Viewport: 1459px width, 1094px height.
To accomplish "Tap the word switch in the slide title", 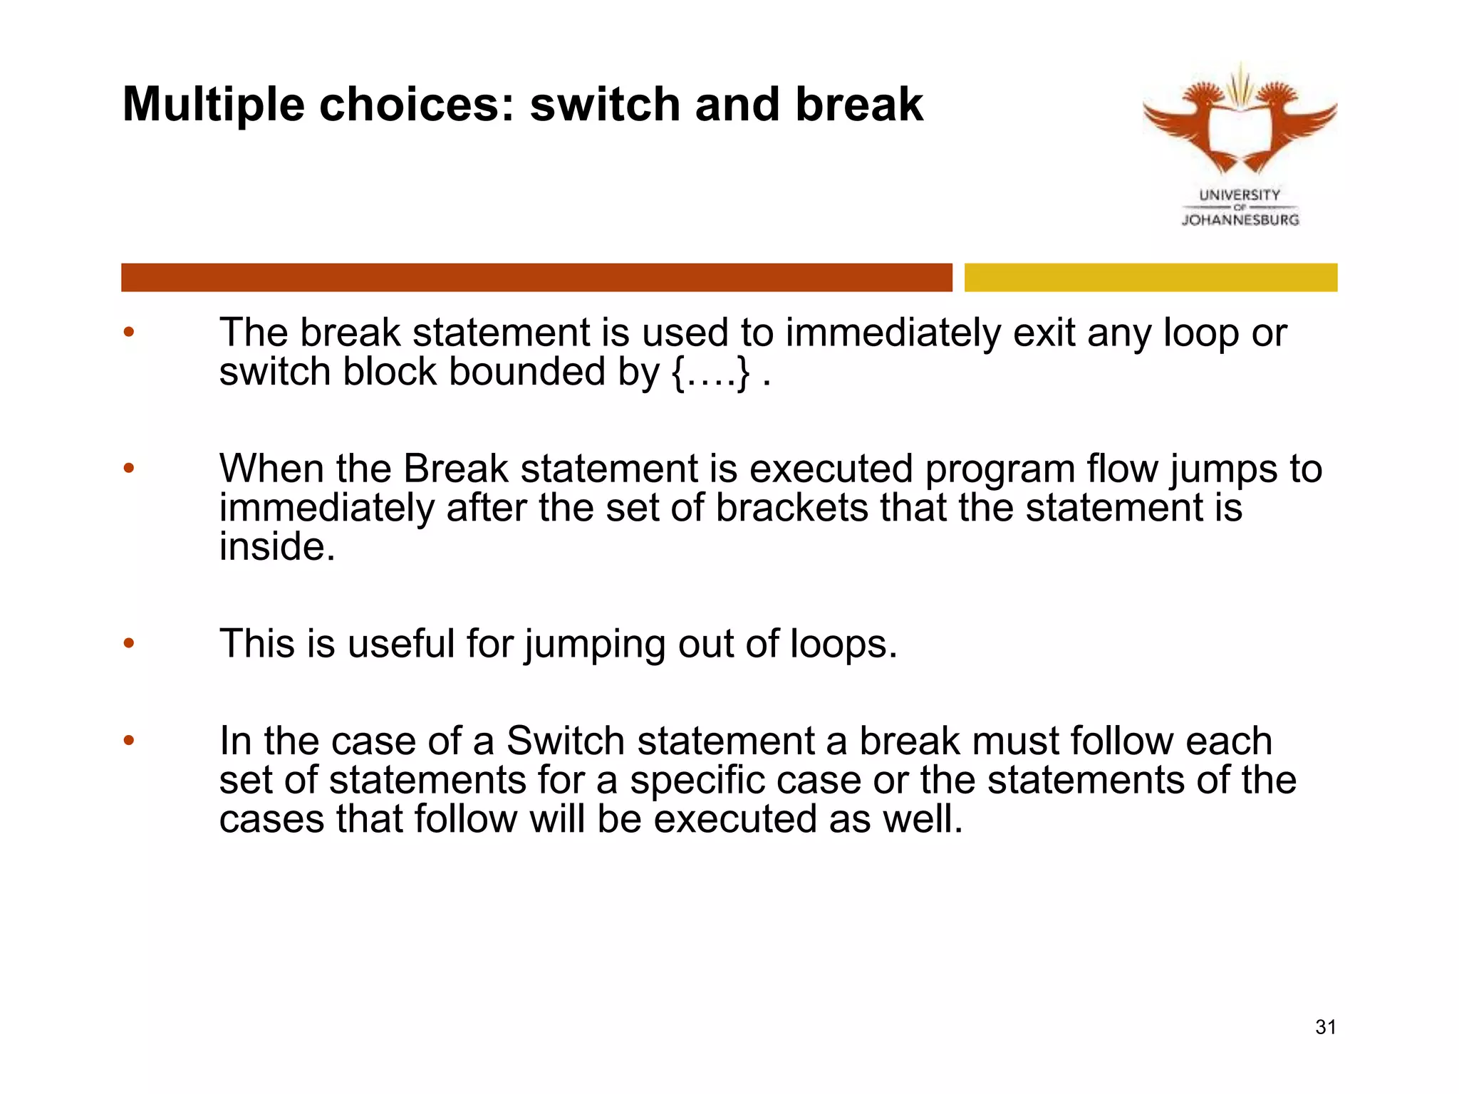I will pos(605,105).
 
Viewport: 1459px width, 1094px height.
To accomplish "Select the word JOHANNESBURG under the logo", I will pos(1240,220).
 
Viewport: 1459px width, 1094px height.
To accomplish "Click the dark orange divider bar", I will pos(536,277).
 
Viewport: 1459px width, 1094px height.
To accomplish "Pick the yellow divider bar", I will pos(1151,277).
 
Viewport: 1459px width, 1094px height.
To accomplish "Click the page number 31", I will pos(1325,1027).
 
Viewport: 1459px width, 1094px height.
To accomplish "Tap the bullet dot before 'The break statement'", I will pos(129,332).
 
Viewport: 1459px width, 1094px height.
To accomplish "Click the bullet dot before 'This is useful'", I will pos(129,643).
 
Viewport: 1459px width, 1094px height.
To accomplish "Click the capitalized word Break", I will pos(456,469).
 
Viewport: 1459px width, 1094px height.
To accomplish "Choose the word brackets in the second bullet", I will pos(791,508).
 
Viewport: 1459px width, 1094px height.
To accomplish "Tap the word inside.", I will pos(276,547).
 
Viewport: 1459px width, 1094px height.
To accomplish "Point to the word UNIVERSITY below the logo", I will pos(1240,194).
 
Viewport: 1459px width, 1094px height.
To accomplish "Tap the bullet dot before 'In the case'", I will pos(129,741).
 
